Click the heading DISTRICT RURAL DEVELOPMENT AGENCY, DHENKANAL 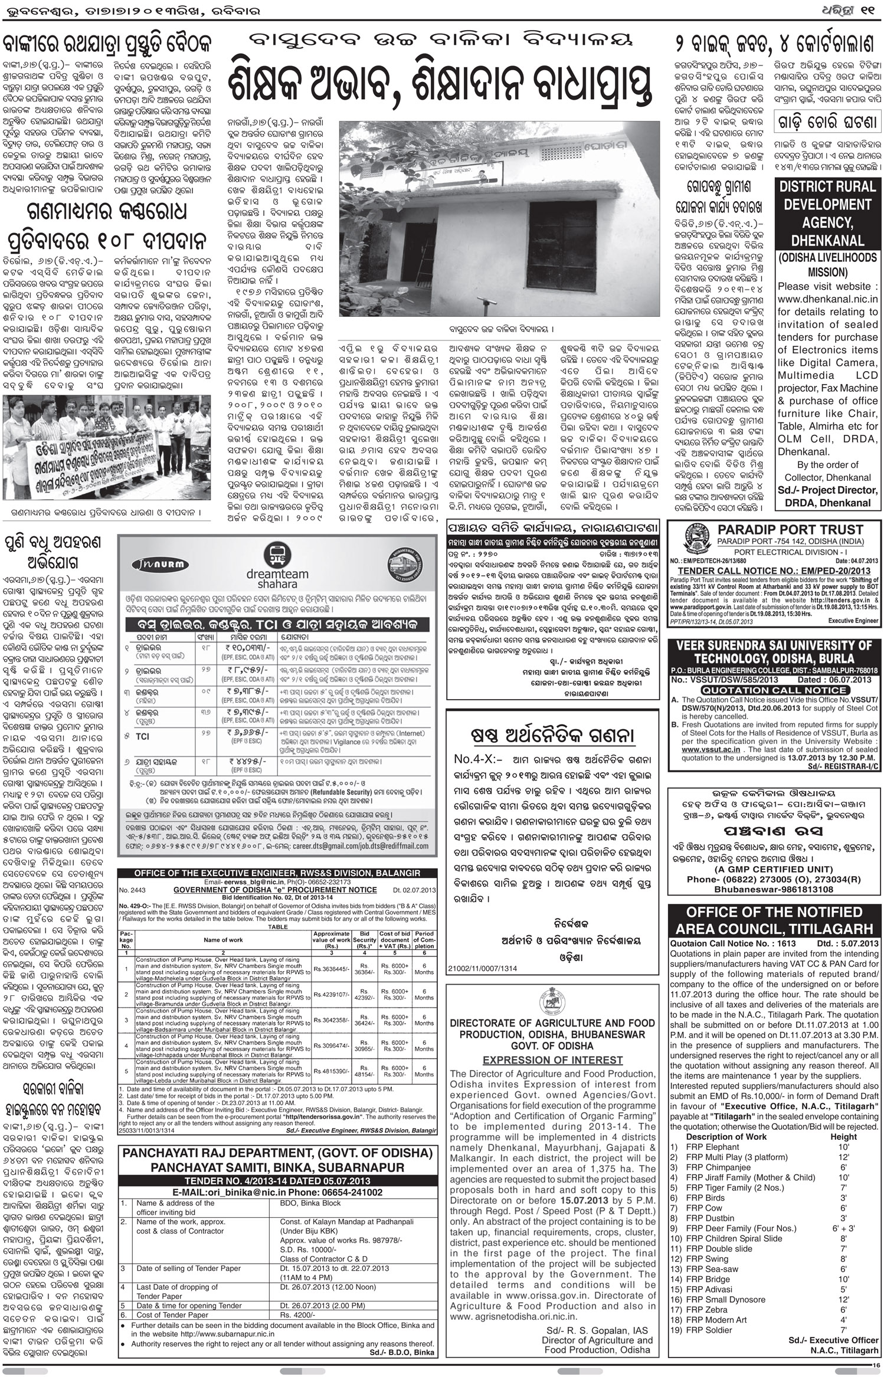tap(827, 213)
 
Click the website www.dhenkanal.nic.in tap(827, 299)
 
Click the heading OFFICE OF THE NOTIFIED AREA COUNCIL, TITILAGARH tap(774, 921)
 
